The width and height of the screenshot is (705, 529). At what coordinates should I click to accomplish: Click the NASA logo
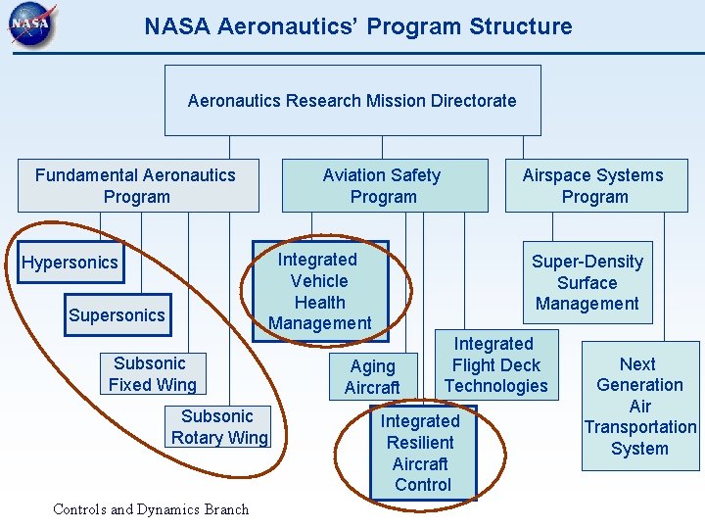tap(32, 27)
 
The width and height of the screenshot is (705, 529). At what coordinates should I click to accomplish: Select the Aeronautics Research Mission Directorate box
tap(352, 100)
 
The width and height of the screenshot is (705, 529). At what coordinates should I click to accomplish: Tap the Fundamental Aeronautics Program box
tap(137, 185)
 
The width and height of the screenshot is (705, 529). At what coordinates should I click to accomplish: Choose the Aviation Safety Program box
tap(384, 185)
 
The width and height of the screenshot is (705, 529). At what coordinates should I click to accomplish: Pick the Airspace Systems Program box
tap(595, 185)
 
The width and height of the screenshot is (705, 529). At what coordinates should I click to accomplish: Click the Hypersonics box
tap(70, 262)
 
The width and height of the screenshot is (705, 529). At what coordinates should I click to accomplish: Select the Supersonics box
tap(117, 314)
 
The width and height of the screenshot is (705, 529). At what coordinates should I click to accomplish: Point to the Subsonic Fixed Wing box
tap(153, 374)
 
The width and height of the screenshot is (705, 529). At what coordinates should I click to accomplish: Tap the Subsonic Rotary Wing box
tap(218, 427)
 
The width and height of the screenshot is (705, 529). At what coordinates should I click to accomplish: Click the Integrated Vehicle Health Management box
tap(320, 291)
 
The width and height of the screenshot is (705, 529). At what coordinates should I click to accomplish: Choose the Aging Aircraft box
tap(373, 376)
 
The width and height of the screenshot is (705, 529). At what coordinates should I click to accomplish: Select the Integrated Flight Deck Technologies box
tap(496, 364)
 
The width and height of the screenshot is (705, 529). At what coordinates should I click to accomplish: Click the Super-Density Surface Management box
tap(587, 282)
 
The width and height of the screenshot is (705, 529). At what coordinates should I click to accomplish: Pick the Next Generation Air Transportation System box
tap(640, 406)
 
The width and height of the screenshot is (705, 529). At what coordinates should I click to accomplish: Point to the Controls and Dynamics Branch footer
tap(151, 509)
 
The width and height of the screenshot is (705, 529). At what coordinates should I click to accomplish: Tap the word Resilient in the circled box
tap(420, 442)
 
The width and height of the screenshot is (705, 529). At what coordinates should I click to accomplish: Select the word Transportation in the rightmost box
tap(640, 427)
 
